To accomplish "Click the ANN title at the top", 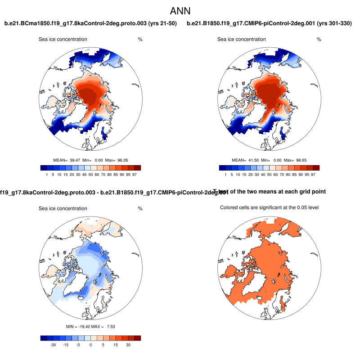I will (x=180, y=11).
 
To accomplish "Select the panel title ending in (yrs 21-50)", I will (x=90, y=23).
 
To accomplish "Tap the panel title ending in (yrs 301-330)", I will (x=269, y=23).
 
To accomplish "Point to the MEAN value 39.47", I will (x=75, y=160).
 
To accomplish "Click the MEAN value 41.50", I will (x=253, y=160).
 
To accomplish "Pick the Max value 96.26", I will (x=122, y=160).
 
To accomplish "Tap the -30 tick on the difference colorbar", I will (x=53, y=345).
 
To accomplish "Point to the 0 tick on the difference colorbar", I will (x=90, y=345).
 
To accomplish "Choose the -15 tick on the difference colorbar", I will (x=65, y=345).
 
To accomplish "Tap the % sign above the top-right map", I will (x=319, y=40).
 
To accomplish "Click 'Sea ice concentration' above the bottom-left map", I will (x=63, y=208).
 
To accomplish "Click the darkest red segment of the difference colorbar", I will (x=138, y=338).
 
